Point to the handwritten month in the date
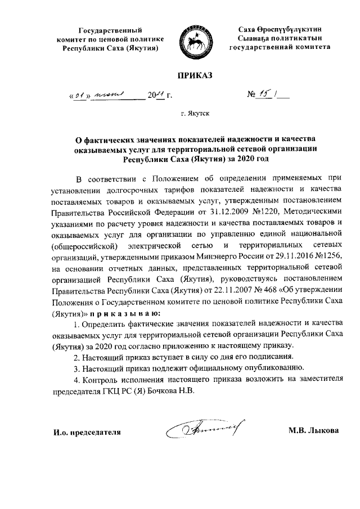[110, 96]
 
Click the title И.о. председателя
[87, 431]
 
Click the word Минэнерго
[214, 258]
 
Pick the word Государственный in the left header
[110, 29]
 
